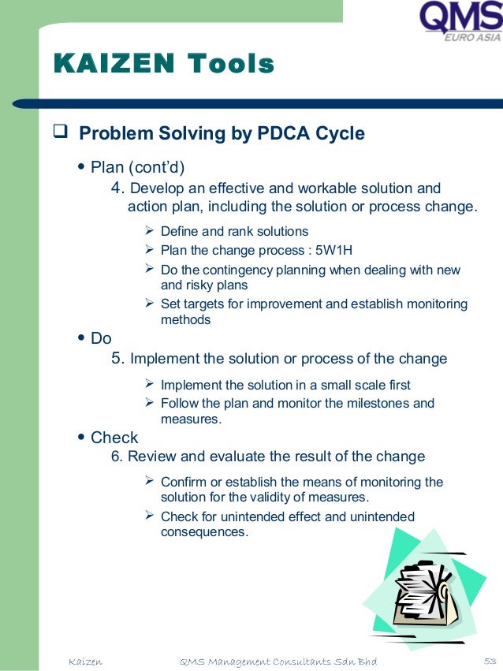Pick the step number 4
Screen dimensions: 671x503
point(118,188)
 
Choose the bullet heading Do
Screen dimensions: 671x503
point(101,338)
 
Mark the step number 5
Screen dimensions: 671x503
point(118,359)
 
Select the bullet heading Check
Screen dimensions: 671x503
point(114,438)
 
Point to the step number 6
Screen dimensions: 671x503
point(117,457)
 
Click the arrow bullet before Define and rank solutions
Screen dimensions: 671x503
point(151,231)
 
